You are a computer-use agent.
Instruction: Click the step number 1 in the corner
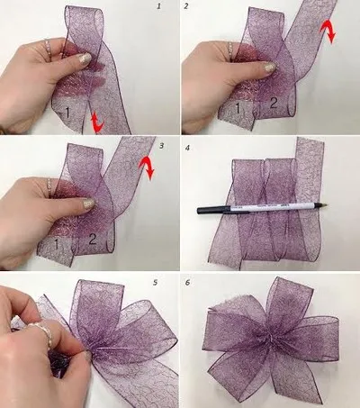pyautogui.click(x=159, y=6)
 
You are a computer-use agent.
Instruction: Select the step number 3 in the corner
pyautogui.click(x=159, y=143)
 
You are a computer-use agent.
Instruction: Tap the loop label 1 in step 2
pyautogui.click(x=238, y=110)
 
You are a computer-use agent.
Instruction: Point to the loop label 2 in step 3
pyautogui.click(x=93, y=240)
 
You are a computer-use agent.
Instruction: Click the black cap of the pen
pyautogui.click(x=211, y=210)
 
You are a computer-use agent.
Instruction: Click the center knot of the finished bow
pyautogui.click(x=267, y=338)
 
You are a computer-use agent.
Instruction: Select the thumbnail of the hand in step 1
pyautogui.click(x=84, y=58)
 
